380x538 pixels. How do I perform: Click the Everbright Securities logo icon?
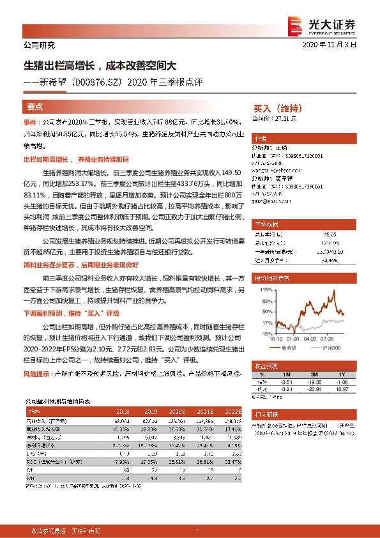click(x=295, y=25)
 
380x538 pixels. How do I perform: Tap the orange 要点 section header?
click(x=35, y=107)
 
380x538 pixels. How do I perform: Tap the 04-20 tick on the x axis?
click(x=310, y=339)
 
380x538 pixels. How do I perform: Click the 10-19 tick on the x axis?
click(x=275, y=339)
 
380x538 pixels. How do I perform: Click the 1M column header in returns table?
click(x=285, y=374)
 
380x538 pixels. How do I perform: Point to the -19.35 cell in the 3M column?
click(x=314, y=381)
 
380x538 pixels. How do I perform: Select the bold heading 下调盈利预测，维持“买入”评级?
click(x=71, y=314)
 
